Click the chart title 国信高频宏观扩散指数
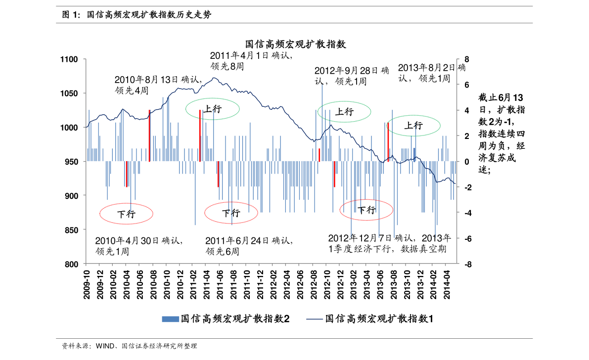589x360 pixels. [x=295, y=44]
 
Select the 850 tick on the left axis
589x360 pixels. [x=72, y=230]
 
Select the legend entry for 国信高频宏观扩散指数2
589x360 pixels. [x=226, y=319]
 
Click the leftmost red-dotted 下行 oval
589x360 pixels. [x=126, y=214]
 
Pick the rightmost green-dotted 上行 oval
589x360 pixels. [x=413, y=126]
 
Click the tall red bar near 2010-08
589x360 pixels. [x=149, y=135]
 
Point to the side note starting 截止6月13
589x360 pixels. [x=501, y=134]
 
